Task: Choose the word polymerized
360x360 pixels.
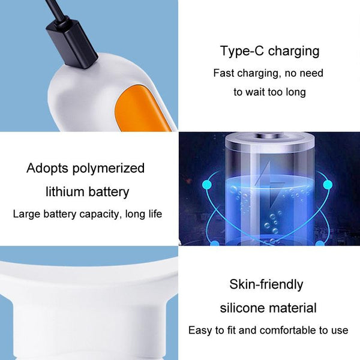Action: click(x=112, y=169)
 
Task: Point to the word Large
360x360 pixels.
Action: click(x=26, y=214)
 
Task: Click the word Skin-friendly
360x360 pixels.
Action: click(x=266, y=284)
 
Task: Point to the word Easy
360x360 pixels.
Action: click(x=199, y=331)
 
